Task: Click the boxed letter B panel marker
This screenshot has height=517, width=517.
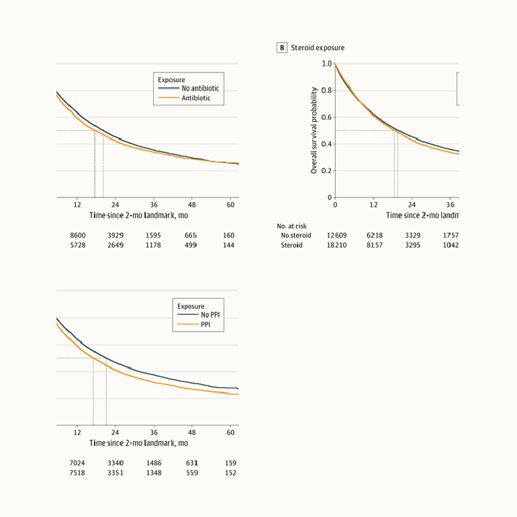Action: [282, 48]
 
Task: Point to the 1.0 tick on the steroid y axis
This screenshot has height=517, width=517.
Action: [326, 64]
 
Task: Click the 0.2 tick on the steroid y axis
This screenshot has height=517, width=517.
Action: [326, 171]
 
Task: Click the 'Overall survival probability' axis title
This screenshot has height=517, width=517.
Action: [314, 130]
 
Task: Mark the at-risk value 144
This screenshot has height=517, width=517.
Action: [229, 246]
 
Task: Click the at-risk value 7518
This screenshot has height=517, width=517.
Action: [78, 472]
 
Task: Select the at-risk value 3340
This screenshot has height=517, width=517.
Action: [115, 463]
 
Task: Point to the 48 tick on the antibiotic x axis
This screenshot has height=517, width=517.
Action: [192, 204]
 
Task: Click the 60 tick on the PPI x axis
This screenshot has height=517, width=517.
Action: [230, 432]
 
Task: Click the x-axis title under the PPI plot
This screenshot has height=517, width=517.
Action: [138, 443]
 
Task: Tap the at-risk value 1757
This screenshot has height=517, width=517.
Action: [449, 236]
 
